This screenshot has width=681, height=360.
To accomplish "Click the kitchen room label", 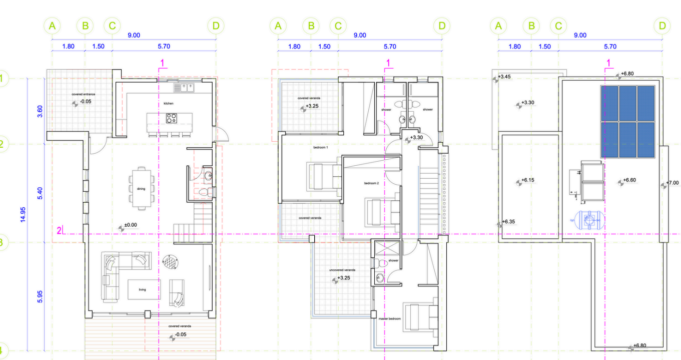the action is (x=169, y=104).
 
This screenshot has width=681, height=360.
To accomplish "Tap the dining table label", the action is (x=141, y=189).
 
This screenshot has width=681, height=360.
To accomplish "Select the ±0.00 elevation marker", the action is (x=131, y=225).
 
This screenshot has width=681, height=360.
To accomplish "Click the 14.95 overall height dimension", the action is (x=23, y=215).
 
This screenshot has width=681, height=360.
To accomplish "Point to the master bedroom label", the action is (x=389, y=318).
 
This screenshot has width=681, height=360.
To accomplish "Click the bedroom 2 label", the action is (x=371, y=183).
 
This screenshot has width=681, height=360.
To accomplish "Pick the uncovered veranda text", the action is (x=342, y=270).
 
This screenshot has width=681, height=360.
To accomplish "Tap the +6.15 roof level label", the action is (x=528, y=180).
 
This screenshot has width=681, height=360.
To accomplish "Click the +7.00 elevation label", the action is (x=672, y=183).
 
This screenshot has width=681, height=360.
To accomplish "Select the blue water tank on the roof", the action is (x=589, y=220).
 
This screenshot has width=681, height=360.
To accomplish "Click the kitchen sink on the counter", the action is (x=184, y=88).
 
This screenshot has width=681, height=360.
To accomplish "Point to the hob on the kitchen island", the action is (x=172, y=118).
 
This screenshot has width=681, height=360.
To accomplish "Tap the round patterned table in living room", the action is (x=170, y=262).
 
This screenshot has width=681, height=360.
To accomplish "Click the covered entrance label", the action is (x=83, y=94).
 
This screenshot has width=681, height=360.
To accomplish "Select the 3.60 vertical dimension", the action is (x=40, y=111).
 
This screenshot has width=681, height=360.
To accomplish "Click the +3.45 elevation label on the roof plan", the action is (x=505, y=77).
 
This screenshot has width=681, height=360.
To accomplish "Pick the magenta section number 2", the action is (x=59, y=230).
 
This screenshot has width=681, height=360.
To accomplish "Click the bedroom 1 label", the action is (x=321, y=147).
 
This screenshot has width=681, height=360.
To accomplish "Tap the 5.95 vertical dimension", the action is (x=40, y=297).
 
